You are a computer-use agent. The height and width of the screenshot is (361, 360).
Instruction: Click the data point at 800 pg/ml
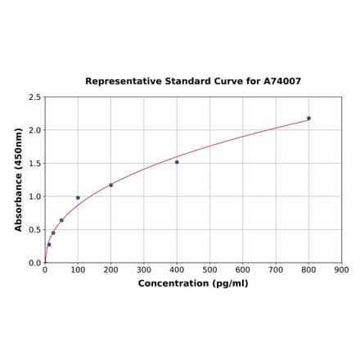coord(308,118)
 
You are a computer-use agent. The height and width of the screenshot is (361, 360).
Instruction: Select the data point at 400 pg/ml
coord(177,162)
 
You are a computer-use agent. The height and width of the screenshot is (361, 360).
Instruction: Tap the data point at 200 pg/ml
coord(110,185)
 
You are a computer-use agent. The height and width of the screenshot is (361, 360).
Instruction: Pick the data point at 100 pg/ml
coord(78,197)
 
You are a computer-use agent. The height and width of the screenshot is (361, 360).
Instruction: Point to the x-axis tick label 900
coord(342,269)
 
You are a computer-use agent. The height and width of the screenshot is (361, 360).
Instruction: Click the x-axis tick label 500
coord(209,269)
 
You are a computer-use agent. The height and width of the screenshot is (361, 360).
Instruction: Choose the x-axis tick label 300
coord(144,269)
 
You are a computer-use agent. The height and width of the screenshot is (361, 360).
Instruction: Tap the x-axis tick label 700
coord(276,269)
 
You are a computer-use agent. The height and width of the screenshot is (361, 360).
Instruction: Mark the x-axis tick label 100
coord(78,269)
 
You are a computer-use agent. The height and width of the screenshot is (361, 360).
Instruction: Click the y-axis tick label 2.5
coord(35,97)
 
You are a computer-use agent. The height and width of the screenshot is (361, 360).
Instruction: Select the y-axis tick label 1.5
coord(35,164)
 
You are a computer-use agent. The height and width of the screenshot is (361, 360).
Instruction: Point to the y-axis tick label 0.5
coord(35,230)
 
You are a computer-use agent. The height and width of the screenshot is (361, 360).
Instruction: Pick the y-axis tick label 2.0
coord(35,131)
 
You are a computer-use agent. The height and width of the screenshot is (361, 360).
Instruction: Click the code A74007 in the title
coord(281,82)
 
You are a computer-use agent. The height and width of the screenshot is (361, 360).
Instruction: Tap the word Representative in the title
coord(120,82)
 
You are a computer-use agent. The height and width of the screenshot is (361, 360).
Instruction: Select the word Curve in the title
coord(226,82)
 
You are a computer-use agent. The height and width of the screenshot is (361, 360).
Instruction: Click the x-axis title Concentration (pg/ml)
coord(193,283)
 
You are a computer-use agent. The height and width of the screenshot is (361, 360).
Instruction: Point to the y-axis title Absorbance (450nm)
coord(19,179)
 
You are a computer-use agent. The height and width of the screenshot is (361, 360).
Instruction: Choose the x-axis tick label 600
coord(243,269)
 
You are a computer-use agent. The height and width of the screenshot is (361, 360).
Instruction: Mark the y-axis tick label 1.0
coord(35,197)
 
